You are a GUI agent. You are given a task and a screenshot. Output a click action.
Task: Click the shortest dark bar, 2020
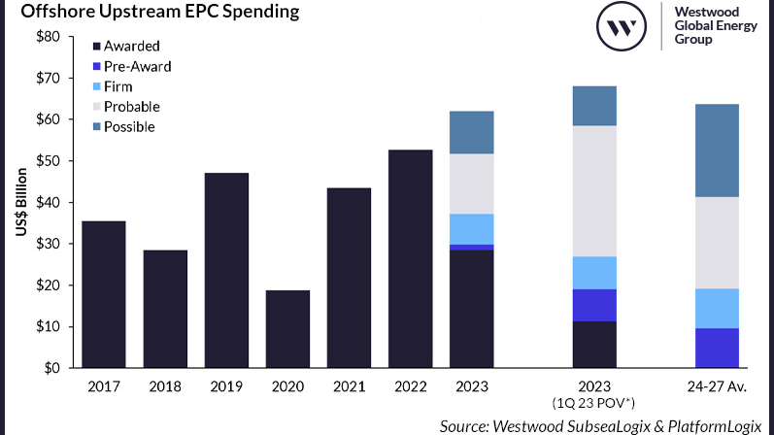coord(287,329)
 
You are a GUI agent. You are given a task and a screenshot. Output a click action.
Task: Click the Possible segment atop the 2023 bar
coord(472,132)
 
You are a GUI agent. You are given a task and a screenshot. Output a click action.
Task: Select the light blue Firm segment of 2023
coord(472,229)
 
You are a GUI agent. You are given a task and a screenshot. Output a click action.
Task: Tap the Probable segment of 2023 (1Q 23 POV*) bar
coord(594,191)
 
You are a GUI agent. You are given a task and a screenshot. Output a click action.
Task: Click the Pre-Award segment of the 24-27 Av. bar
coord(718,348)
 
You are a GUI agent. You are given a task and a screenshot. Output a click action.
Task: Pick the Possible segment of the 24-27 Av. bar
coord(718,151)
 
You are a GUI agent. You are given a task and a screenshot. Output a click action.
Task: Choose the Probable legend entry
coord(131,107)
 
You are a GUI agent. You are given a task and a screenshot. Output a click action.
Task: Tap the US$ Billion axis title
coord(18,202)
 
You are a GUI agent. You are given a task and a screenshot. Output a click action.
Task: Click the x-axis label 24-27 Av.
coord(718,386)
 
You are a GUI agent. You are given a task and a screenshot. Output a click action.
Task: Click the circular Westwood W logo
coord(621,27)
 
